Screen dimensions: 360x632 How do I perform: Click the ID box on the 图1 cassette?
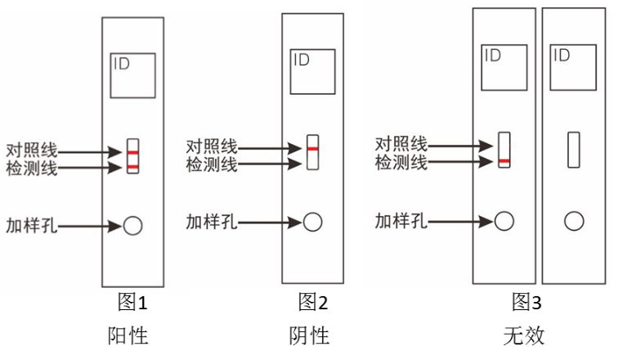pos(132,75)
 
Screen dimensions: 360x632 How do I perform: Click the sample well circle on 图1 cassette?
pos(132,225)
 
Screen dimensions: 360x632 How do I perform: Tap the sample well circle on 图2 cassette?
pos(312,221)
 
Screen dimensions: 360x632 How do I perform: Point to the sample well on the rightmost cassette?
pos(575,220)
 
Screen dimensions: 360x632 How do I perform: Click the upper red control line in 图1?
pos(132,152)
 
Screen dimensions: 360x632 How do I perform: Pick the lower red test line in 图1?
pos(132,168)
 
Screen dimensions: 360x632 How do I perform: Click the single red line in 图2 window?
pos(312,148)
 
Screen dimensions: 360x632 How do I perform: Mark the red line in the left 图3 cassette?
pos(504,162)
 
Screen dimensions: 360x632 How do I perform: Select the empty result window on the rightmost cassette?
pos(575,150)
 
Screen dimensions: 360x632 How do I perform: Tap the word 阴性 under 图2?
pos(310,335)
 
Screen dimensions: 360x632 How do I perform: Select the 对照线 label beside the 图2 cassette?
pos(212,147)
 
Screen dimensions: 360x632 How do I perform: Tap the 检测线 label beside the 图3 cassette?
pos(401,163)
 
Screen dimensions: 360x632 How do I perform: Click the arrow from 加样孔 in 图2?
pos(270,222)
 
